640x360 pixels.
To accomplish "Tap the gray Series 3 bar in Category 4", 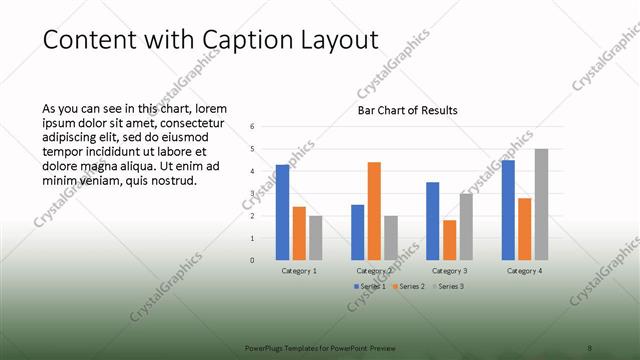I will point(541,204).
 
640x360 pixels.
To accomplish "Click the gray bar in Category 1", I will point(315,238).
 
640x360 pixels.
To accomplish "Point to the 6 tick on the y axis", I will point(253,127).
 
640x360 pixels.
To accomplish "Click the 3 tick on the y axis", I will point(253,193).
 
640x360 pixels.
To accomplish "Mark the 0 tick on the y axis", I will point(253,260).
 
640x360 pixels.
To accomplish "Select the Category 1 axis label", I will point(299,271).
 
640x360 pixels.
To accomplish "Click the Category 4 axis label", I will point(524,271).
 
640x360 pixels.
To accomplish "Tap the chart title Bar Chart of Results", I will point(408,110).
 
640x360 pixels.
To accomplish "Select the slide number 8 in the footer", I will point(590,348).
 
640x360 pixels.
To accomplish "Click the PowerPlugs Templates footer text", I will point(321,348).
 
